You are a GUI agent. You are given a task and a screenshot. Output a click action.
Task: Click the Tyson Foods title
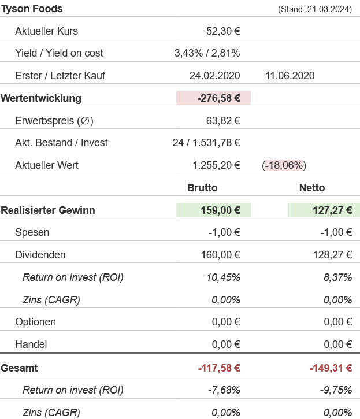coord(32,9)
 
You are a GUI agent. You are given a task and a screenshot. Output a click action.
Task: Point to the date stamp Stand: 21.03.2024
coord(314,9)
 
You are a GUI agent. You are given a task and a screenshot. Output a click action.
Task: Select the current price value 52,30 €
coord(223,31)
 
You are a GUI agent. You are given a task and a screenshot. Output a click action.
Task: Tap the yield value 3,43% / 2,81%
coord(207,53)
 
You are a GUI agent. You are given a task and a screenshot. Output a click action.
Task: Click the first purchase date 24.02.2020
coord(214,76)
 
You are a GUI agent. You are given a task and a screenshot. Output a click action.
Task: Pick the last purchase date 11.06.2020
coord(290,76)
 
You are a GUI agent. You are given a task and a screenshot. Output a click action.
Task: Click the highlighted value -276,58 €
coord(218,98)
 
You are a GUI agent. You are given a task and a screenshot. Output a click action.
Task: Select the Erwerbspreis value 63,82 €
coord(223,121)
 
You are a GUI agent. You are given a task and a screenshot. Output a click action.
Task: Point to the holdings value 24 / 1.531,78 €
coord(206,143)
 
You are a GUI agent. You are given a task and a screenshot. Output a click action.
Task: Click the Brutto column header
coord(202,188)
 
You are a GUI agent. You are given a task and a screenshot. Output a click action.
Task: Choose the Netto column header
coord(312,188)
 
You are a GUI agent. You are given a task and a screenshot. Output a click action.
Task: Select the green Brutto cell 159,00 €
coord(218,210)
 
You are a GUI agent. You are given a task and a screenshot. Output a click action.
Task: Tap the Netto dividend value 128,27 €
coord(331,255)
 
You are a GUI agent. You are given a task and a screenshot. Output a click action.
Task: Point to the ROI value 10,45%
coord(223,277)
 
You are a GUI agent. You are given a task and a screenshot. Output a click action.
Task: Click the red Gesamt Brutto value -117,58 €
coord(218,368)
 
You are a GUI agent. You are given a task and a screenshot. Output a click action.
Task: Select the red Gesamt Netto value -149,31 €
coord(331,368)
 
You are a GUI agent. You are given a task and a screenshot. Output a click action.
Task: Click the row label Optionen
coord(35,322)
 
